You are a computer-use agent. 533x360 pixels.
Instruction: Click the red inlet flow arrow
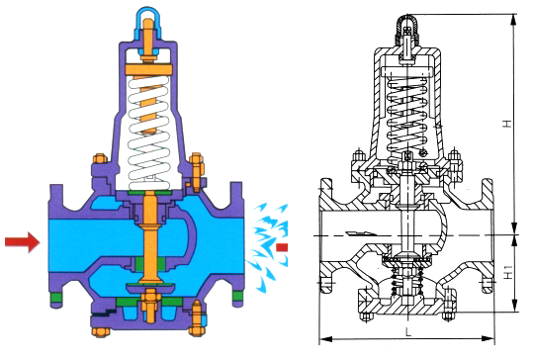pos(23,242)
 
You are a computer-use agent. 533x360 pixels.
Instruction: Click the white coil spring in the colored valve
pos(148,133)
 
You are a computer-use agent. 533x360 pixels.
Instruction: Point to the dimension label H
pos(507,123)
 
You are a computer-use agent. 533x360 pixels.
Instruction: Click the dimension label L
pos(409,332)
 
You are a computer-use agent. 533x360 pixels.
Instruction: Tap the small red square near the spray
pos(282,247)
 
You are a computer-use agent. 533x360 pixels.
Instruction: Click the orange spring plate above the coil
pos(149,69)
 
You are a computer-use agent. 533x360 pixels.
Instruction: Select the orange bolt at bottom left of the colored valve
pos(100,331)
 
